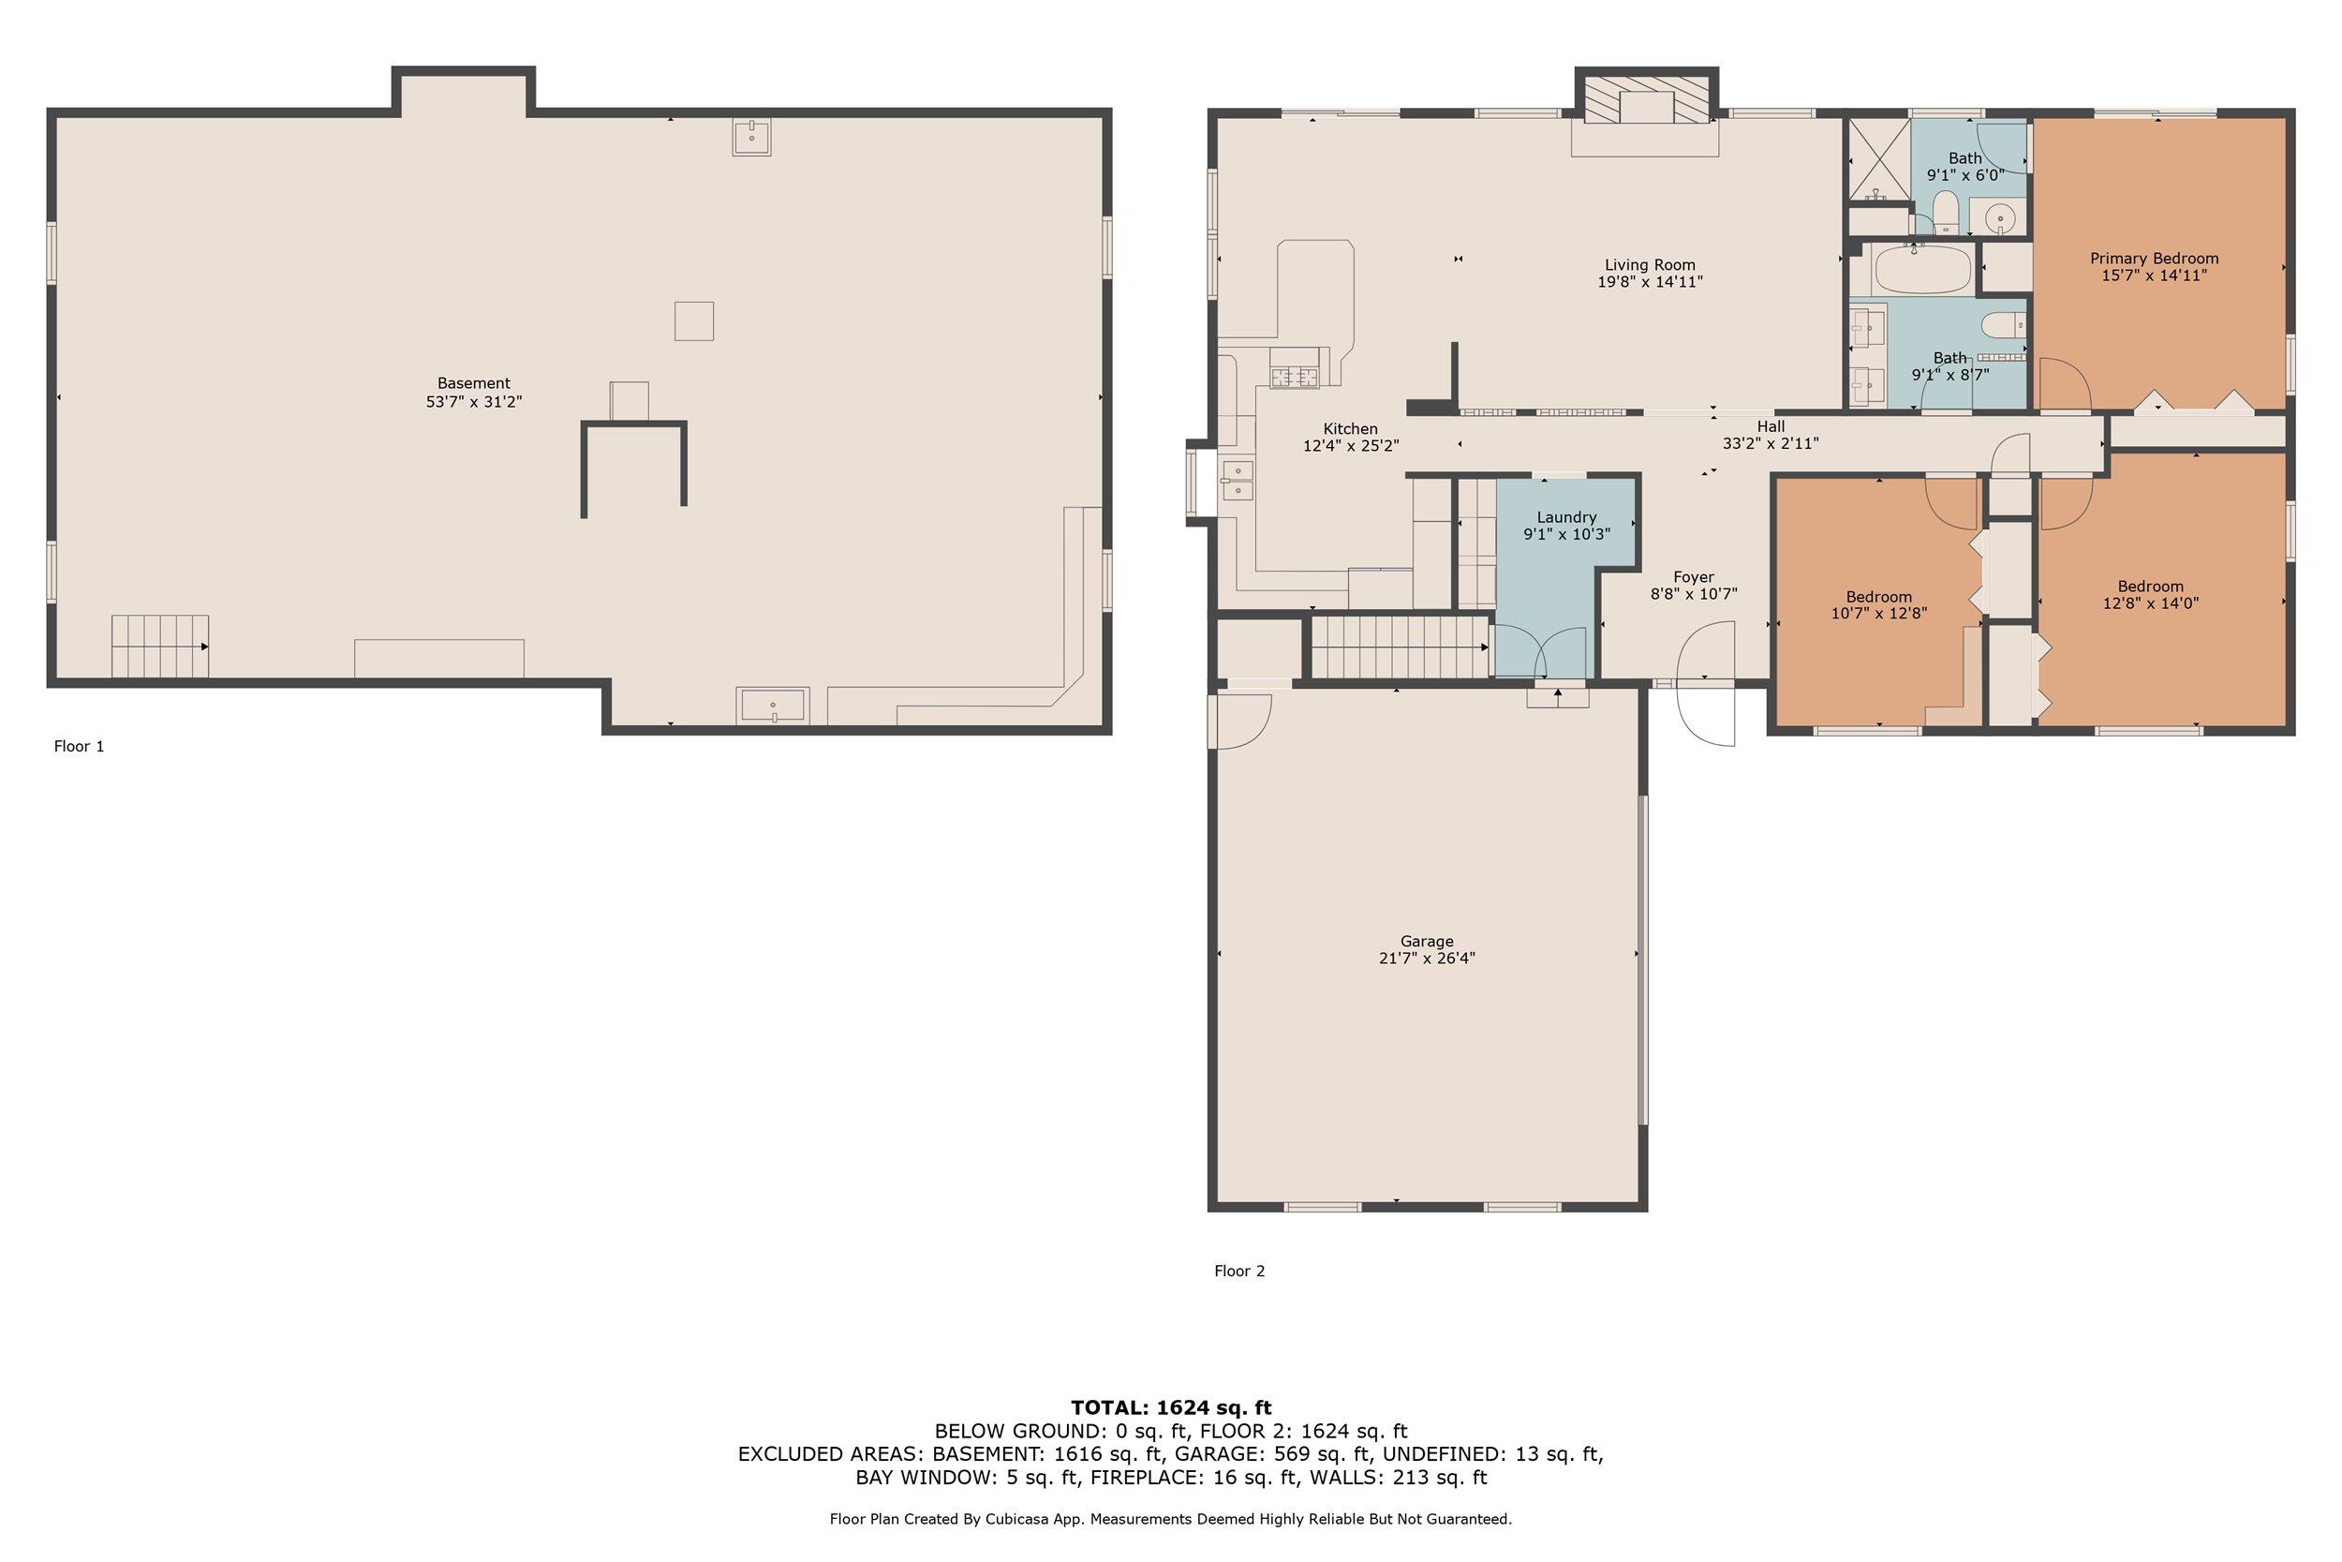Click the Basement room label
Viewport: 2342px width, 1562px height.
474,383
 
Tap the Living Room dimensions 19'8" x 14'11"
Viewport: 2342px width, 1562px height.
1650,282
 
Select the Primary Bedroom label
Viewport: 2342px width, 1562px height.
2154,259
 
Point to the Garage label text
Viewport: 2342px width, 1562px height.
1427,942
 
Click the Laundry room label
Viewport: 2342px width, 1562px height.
1566,518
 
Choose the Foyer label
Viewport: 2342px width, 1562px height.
1694,578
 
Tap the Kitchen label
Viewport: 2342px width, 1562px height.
1350,429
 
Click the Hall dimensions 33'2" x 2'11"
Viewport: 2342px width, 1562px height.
1771,444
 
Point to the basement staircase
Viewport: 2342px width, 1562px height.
159,647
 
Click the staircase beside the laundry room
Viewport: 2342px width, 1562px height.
1398,647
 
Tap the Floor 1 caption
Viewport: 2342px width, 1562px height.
79,746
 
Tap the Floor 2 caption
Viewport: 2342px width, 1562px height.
1238,1272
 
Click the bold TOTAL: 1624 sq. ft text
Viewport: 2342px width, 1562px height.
1171,1407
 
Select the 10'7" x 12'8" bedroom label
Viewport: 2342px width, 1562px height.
1879,605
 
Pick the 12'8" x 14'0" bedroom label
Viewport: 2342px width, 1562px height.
2151,595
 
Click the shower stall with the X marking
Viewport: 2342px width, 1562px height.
1879,161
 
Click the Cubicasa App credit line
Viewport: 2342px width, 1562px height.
1171,1519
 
